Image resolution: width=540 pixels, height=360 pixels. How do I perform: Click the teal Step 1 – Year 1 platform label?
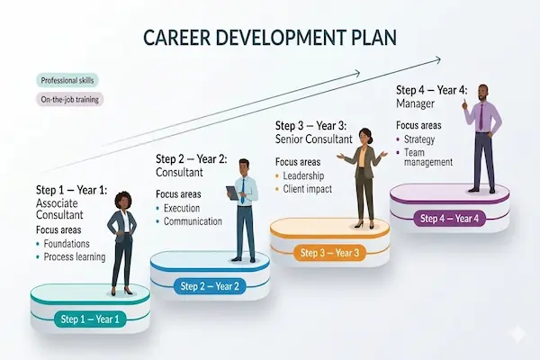(x=90, y=319)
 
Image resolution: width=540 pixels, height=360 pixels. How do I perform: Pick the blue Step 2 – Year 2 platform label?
(x=210, y=286)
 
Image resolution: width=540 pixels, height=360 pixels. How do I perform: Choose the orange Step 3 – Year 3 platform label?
(x=329, y=253)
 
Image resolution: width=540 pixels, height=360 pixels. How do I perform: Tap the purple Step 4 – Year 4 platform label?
(x=449, y=218)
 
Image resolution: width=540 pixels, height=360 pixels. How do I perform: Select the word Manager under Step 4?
(x=416, y=103)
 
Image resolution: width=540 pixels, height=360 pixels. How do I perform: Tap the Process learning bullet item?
(x=76, y=257)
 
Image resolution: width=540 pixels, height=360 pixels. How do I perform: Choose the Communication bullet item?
(x=193, y=221)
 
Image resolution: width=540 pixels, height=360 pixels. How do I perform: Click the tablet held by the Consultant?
(x=233, y=191)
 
